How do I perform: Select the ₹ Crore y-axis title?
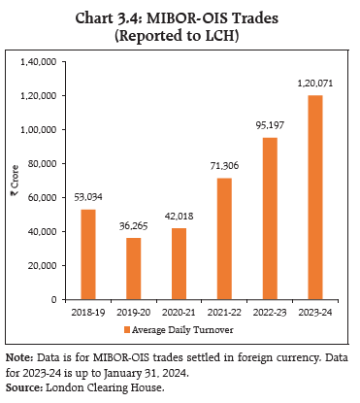click(x=15, y=181)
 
